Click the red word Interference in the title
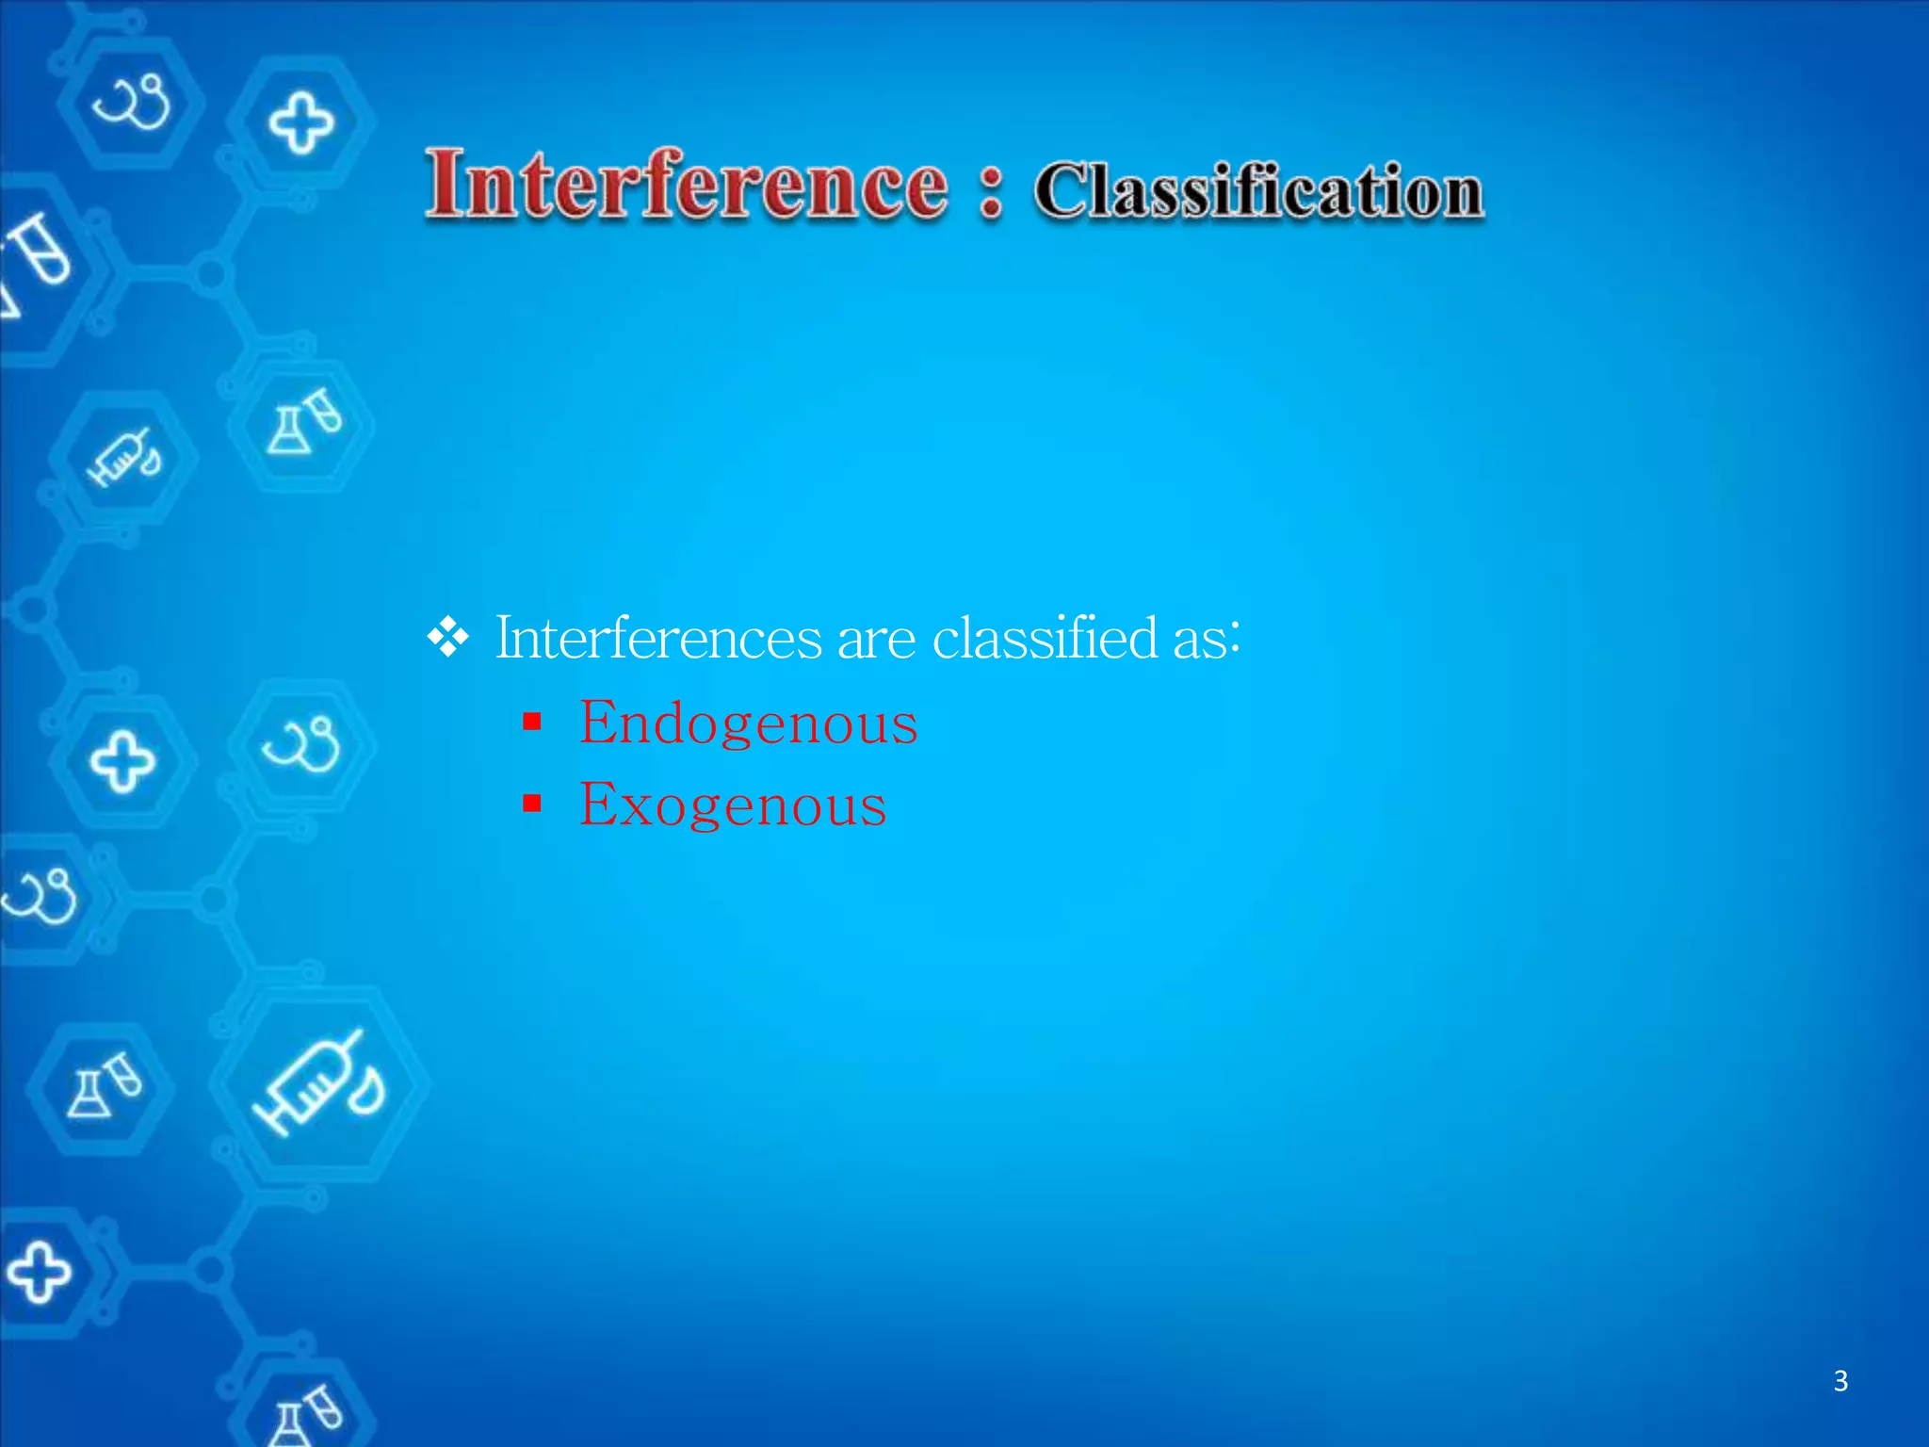(686, 185)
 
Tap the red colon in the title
(990, 192)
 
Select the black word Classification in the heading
(1258, 192)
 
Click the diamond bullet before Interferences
(448, 638)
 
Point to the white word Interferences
(658, 638)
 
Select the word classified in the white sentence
(1044, 638)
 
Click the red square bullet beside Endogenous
(532, 723)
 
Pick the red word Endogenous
(748, 723)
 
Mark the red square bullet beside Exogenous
(532, 804)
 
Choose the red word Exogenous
(733, 805)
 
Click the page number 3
(1840, 1381)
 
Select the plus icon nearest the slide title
(300, 122)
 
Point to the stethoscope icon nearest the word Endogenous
(301, 744)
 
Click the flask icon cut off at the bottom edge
(305, 1413)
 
